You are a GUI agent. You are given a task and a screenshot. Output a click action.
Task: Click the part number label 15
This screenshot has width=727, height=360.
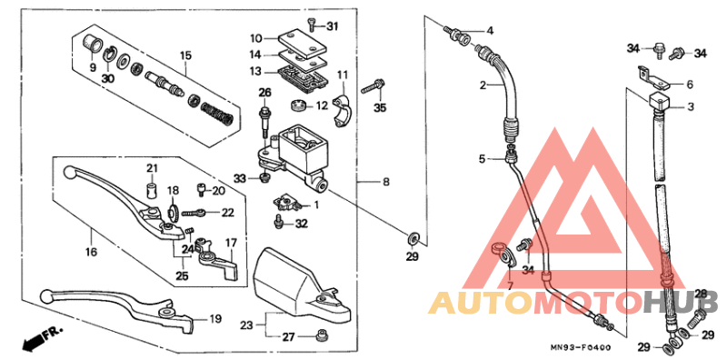tap(185, 56)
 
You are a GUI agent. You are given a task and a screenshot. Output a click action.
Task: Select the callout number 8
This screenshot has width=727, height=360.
tap(385, 183)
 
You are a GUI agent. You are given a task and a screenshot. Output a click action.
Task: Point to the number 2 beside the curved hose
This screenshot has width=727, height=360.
tap(485, 86)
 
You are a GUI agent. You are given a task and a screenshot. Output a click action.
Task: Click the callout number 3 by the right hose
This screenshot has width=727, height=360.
tap(690, 106)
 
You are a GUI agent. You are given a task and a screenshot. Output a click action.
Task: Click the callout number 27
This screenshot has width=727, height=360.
tap(288, 337)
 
